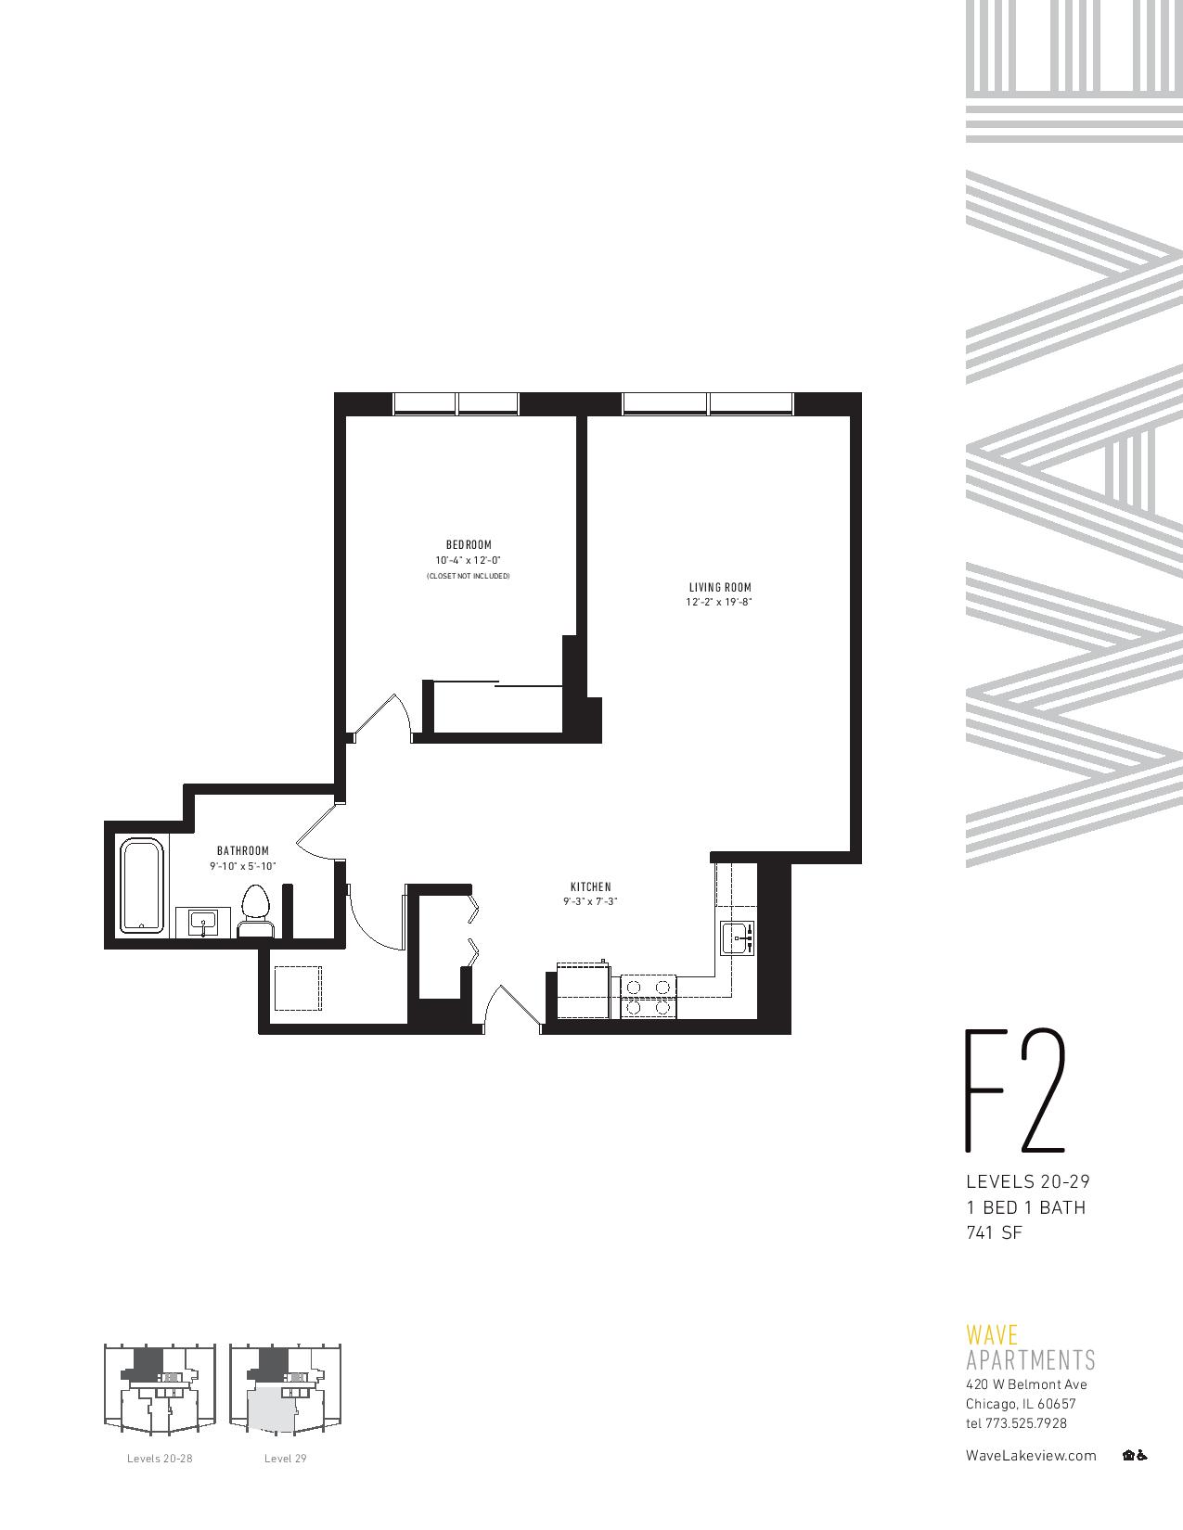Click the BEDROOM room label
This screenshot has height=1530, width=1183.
point(469,544)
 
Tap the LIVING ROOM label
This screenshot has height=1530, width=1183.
point(719,587)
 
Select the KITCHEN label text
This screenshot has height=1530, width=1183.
point(590,887)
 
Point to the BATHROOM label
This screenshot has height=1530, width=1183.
point(243,850)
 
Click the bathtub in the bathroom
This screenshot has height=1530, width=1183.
point(142,886)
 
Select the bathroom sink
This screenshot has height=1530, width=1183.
point(203,923)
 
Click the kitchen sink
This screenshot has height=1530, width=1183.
point(739,938)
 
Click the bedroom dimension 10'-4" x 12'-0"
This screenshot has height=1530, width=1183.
point(469,561)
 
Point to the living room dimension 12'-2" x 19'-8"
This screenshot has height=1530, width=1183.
point(719,603)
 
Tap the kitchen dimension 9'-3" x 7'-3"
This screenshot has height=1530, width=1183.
point(590,901)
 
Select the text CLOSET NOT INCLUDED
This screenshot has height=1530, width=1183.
point(469,576)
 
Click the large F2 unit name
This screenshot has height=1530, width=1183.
point(1015,1092)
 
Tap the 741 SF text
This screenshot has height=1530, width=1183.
point(994,1233)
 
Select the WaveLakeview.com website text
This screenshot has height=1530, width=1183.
point(1031,1455)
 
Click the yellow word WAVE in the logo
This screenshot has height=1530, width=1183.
point(992,1336)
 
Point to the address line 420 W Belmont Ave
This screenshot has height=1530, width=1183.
point(1026,1384)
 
